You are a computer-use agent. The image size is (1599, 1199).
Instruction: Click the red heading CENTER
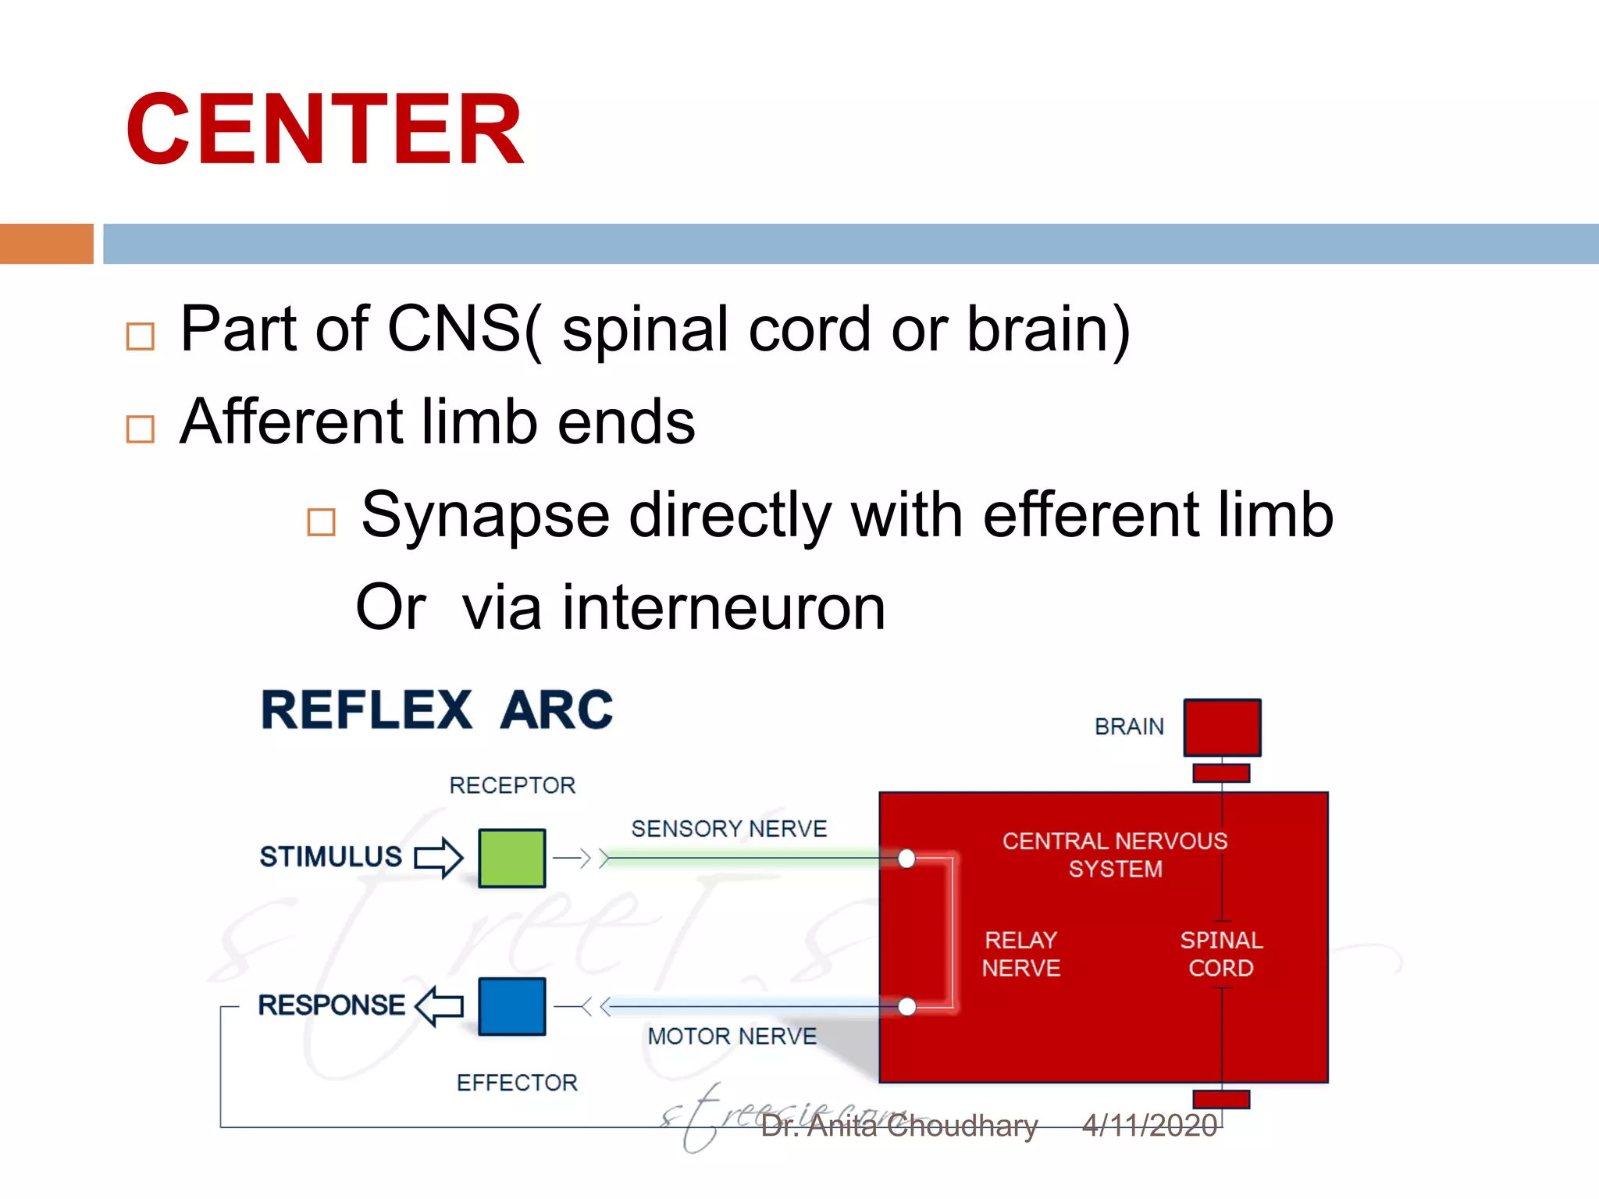pos(324,129)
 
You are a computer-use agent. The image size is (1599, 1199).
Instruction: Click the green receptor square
pos(511,858)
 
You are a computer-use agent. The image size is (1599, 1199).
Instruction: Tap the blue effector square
pos(511,1006)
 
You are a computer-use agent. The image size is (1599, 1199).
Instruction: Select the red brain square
pos(1222,728)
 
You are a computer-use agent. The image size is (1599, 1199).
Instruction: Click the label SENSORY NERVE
pos(728,828)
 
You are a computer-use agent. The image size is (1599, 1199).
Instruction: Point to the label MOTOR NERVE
pos(732,1036)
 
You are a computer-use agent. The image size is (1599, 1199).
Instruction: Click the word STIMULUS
pos(330,856)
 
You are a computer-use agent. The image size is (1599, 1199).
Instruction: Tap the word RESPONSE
pos(331,1005)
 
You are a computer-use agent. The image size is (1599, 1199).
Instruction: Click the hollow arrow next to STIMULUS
pos(439,857)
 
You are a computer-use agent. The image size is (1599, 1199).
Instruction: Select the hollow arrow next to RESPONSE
pos(439,1005)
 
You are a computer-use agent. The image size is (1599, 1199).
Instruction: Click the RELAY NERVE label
pos(1020,954)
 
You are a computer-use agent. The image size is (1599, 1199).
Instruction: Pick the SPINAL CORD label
pos(1221,954)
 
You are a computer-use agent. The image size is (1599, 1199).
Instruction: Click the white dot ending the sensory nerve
pos(906,859)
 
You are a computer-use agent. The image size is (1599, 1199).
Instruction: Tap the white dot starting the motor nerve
pos(906,1006)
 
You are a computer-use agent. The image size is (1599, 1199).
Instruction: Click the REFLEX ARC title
pos(437,710)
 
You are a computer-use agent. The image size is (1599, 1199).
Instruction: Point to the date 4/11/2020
pos(1149,1126)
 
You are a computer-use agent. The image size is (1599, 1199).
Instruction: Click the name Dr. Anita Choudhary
pos(899,1126)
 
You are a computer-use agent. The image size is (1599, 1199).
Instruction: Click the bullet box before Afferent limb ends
pos(141,429)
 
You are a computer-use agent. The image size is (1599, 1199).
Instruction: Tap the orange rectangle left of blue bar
pos(47,244)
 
